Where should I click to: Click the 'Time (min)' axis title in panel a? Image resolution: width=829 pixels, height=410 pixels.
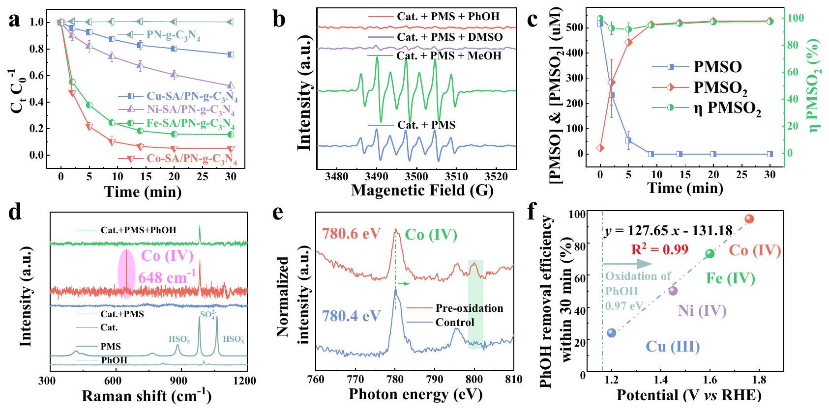(143, 191)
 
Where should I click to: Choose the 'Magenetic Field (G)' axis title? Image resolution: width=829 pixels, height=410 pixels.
(422, 191)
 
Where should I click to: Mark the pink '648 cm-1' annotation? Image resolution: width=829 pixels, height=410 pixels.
(166, 278)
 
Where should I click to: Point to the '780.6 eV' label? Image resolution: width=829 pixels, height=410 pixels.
(351, 234)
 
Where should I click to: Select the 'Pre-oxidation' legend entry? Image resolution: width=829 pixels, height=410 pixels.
(469, 308)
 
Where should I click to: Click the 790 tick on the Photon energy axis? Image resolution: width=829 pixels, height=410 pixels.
(435, 379)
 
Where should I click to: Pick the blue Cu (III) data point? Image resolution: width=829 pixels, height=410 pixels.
(612, 333)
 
